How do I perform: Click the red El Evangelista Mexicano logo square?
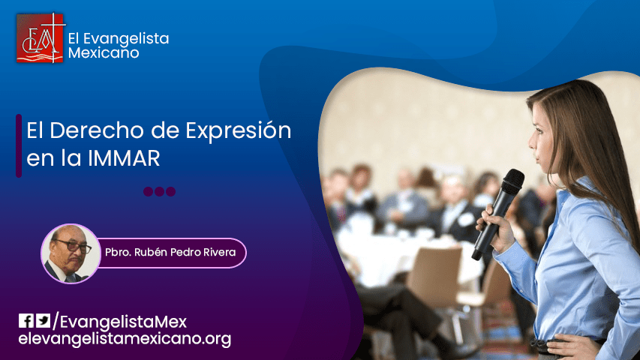pyautogui.click(x=41, y=37)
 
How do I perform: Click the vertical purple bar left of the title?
pyautogui.click(x=19, y=145)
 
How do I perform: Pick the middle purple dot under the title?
pyautogui.click(x=159, y=191)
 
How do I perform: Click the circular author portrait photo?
pyautogui.click(x=70, y=253)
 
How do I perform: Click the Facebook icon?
pyautogui.click(x=26, y=321)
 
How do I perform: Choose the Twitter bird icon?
pyautogui.click(x=44, y=321)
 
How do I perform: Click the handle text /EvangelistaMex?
pyautogui.click(x=119, y=322)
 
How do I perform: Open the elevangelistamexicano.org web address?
pyautogui.click(x=125, y=339)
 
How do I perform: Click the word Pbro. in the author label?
pyautogui.click(x=122, y=253)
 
